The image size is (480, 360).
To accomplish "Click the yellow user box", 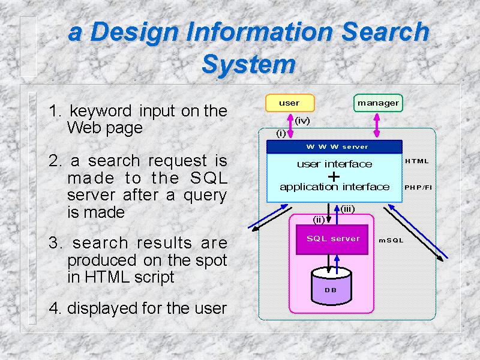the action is point(290,103).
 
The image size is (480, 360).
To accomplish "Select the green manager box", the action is point(378,103).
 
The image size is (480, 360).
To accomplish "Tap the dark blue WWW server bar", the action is point(334,147).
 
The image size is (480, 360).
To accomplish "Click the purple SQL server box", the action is point(332,239).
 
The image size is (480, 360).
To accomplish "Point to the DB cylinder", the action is point(331,286).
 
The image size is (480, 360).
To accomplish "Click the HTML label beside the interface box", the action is point(417,161).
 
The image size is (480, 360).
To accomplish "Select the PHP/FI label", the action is point(418,187).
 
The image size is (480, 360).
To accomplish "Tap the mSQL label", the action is point(391,241).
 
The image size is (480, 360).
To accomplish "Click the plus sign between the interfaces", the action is point(334,176).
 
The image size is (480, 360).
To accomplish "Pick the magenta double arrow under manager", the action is point(377,125).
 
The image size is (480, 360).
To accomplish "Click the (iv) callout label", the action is point(302,121).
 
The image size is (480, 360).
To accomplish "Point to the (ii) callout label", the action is point(319,220).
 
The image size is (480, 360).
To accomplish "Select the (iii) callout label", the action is point(347,209).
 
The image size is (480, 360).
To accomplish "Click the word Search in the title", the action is point(385,32).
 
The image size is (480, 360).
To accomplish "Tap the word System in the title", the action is point(248,64).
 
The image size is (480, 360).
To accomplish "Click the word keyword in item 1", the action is point(101,111).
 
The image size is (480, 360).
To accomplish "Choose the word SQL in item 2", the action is point(209,178).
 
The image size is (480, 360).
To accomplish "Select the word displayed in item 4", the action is point(103,308).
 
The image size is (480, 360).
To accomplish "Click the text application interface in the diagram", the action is point(335,187).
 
